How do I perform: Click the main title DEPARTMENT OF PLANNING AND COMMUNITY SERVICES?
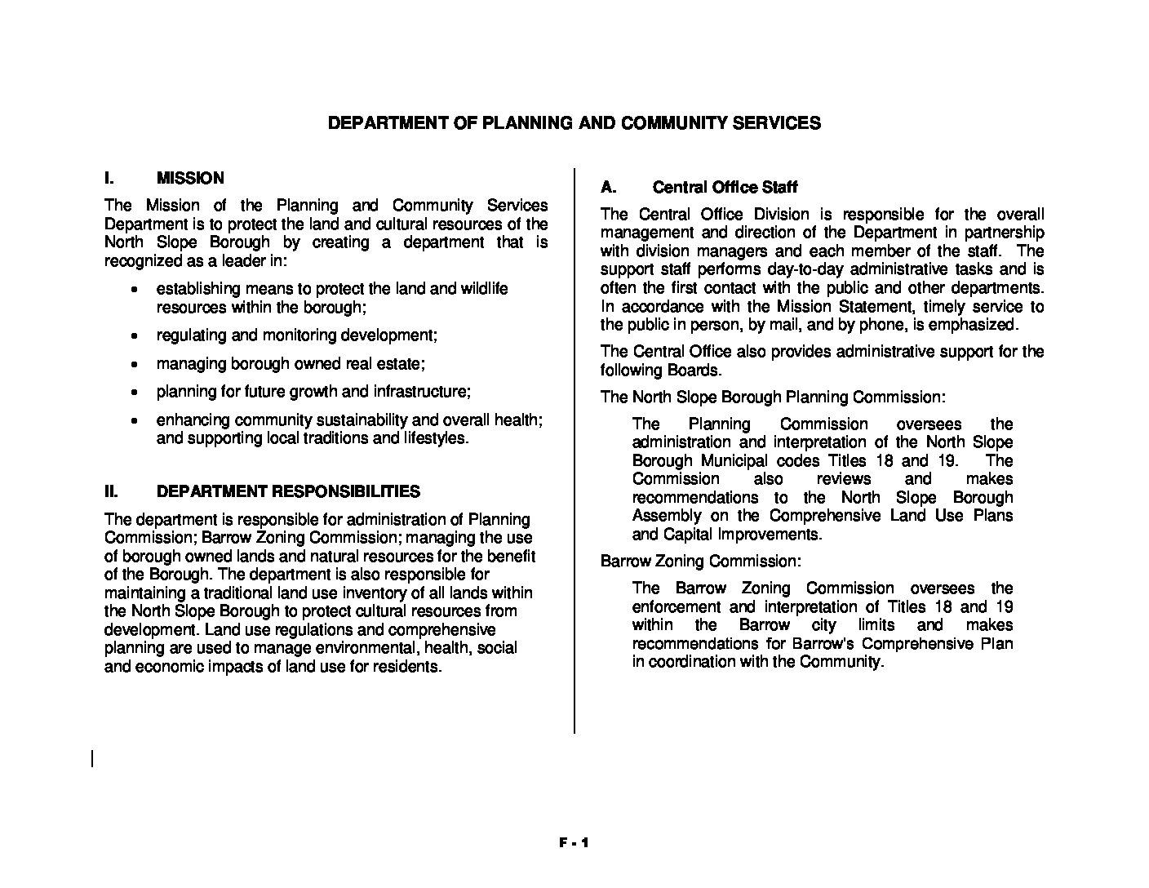574,123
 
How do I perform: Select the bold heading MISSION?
189,178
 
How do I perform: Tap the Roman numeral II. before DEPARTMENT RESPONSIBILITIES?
112,491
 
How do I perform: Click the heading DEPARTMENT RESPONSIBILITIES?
288,491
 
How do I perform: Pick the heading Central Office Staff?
725,187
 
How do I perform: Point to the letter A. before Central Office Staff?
607,187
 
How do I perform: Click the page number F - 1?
574,844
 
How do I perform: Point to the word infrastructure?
420,392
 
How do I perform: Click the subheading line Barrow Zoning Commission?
700,562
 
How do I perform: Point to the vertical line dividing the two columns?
574,449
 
